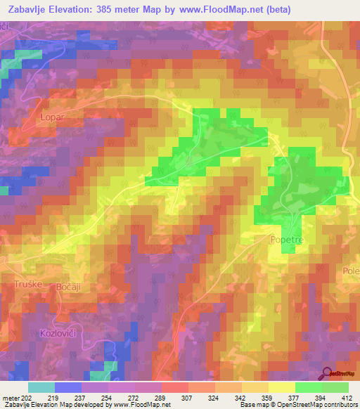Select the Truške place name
tap(27, 283)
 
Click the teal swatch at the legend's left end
tap(41, 387)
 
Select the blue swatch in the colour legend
tap(68, 387)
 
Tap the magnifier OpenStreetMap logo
tap(326, 372)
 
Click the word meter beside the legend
tap(10, 398)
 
